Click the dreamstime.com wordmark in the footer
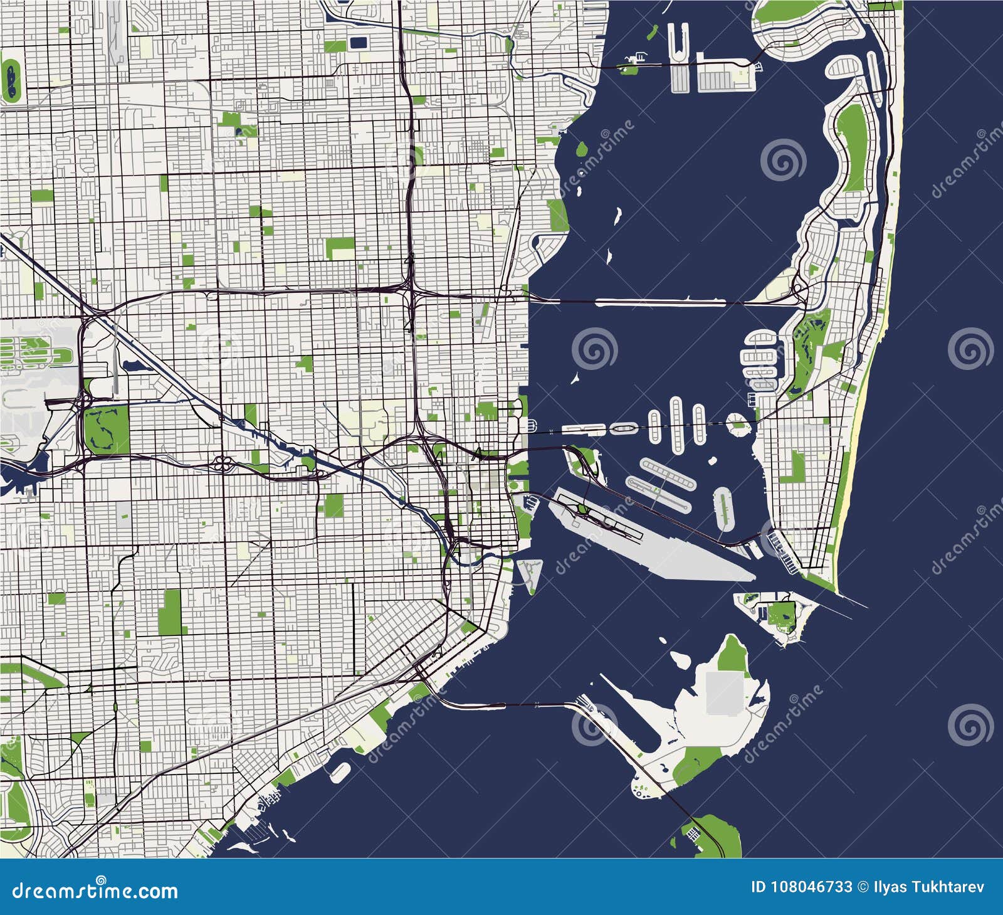[95, 890]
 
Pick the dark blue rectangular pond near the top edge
[359, 43]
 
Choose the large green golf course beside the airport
[107, 429]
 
